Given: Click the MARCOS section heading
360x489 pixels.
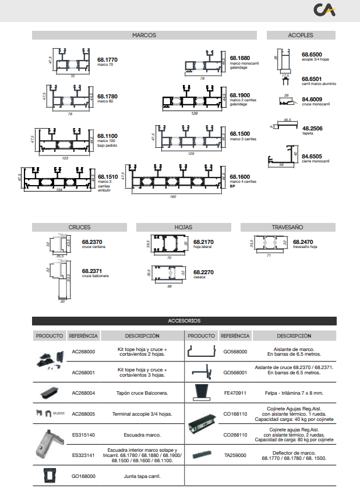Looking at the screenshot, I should [144, 35].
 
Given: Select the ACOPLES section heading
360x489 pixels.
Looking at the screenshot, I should [301, 35].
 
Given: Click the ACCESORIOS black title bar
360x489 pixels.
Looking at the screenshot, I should [184, 321].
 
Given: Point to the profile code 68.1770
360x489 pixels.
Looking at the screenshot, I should [107, 59].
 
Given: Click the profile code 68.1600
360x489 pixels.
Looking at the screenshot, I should [240, 176].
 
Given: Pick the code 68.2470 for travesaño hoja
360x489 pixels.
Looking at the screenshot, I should [303, 242].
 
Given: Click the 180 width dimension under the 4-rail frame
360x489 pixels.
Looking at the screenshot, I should [173, 196].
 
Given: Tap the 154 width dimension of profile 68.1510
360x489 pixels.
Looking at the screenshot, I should [59, 190].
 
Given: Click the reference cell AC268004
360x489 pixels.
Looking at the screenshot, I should [83, 393].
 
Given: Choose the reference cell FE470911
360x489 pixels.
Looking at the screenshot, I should [235, 393].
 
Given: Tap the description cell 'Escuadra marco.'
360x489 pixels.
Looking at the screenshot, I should [142, 435].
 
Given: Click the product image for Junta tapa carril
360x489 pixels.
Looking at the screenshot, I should [50, 475].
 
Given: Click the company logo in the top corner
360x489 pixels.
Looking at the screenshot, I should [324, 10].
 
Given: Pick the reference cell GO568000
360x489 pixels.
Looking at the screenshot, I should [235, 352].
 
